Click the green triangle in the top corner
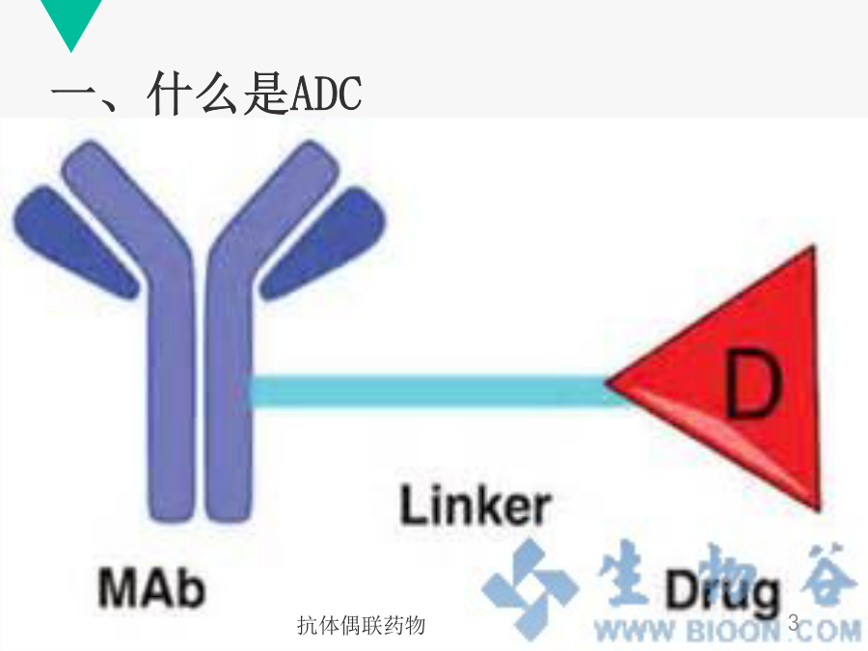71,19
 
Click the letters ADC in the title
326,93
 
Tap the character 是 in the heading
266,93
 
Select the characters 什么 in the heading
195,93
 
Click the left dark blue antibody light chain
74,242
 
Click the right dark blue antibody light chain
325,242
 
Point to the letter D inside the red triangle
753,384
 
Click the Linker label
475,504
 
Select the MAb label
151,587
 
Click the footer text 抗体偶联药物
361,626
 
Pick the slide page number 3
794,623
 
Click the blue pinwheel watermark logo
529,588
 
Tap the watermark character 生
623,573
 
